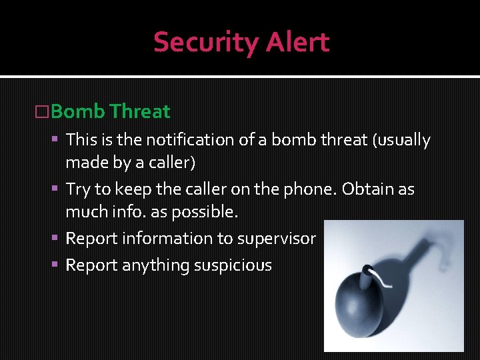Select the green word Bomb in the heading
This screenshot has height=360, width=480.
click(x=77, y=111)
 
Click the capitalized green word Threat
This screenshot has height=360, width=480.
click(x=141, y=111)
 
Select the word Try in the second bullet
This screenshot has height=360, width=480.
click(x=77, y=189)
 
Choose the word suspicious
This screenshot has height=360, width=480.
click(x=233, y=265)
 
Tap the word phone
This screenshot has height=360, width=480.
click(x=313, y=189)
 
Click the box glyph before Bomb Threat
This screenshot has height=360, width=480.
click(x=41, y=112)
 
